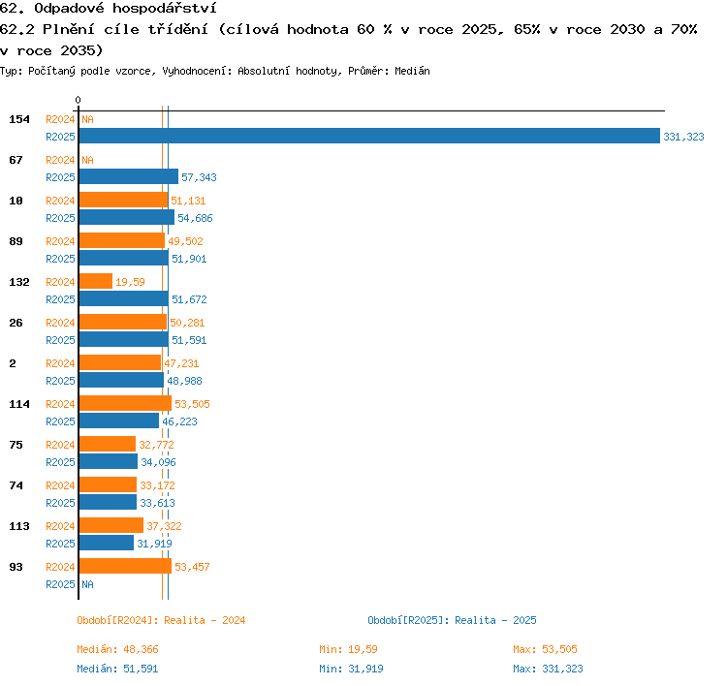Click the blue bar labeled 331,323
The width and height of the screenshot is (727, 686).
pos(369,136)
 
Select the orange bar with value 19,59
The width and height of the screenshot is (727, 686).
pos(96,281)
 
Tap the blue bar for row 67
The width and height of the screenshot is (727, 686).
pos(129,176)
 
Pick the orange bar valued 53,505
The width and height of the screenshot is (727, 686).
pos(125,403)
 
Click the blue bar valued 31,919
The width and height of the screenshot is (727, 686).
pos(107,543)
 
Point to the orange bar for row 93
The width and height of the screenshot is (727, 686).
pos(125,566)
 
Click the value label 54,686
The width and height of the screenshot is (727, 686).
pos(195,218)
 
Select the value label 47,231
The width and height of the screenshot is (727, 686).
pos(181,363)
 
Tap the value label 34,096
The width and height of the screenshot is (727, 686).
pos(159,462)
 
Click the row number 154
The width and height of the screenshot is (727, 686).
pos(19,119)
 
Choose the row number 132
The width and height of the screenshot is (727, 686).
pos(19,282)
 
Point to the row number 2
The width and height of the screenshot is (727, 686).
pos(13,363)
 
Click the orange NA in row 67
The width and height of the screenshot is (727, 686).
pos(87,160)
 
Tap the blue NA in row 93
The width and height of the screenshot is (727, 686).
pos(87,584)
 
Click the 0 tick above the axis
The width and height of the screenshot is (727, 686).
pos(78,100)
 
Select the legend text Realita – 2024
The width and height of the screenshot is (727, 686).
pos(205,620)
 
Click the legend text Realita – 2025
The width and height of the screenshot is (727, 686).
pos(495,620)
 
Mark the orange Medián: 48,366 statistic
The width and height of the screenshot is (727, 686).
pos(117,649)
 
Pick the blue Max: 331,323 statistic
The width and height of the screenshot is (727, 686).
pos(548,669)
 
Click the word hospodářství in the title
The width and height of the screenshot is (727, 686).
pos(165,9)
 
